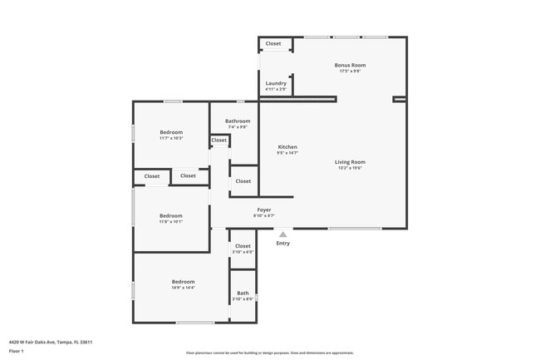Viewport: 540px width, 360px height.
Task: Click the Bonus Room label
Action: tap(350, 65)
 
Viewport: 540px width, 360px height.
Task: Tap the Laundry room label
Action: tap(276, 83)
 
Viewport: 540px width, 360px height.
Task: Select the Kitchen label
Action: tap(287, 147)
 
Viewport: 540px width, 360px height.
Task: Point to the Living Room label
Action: tap(350, 162)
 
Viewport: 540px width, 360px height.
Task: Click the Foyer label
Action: tap(264, 210)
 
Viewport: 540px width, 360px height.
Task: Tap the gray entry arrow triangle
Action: tap(283, 234)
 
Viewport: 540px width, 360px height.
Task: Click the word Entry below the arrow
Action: tap(283, 244)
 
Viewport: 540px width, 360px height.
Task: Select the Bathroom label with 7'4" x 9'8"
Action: tap(238, 121)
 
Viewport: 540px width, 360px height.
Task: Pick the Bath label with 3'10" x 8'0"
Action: tap(243, 293)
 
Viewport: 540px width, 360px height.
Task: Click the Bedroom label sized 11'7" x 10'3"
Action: tap(171, 132)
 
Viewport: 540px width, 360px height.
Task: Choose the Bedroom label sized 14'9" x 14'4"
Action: tap(183, 282)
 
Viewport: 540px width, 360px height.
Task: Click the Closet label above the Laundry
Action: tap(273, 43)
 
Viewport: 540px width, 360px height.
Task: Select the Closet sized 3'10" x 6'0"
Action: tap(243, 246)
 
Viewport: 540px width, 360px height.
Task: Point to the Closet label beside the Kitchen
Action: tap(243, 180)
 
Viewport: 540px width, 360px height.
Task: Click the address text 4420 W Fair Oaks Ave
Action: tap(51, 342)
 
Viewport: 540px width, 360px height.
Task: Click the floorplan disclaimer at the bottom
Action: tap(270, 353)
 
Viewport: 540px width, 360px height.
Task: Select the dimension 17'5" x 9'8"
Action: tap(350, 72)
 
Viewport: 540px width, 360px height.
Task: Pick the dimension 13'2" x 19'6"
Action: tap(350, 169)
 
